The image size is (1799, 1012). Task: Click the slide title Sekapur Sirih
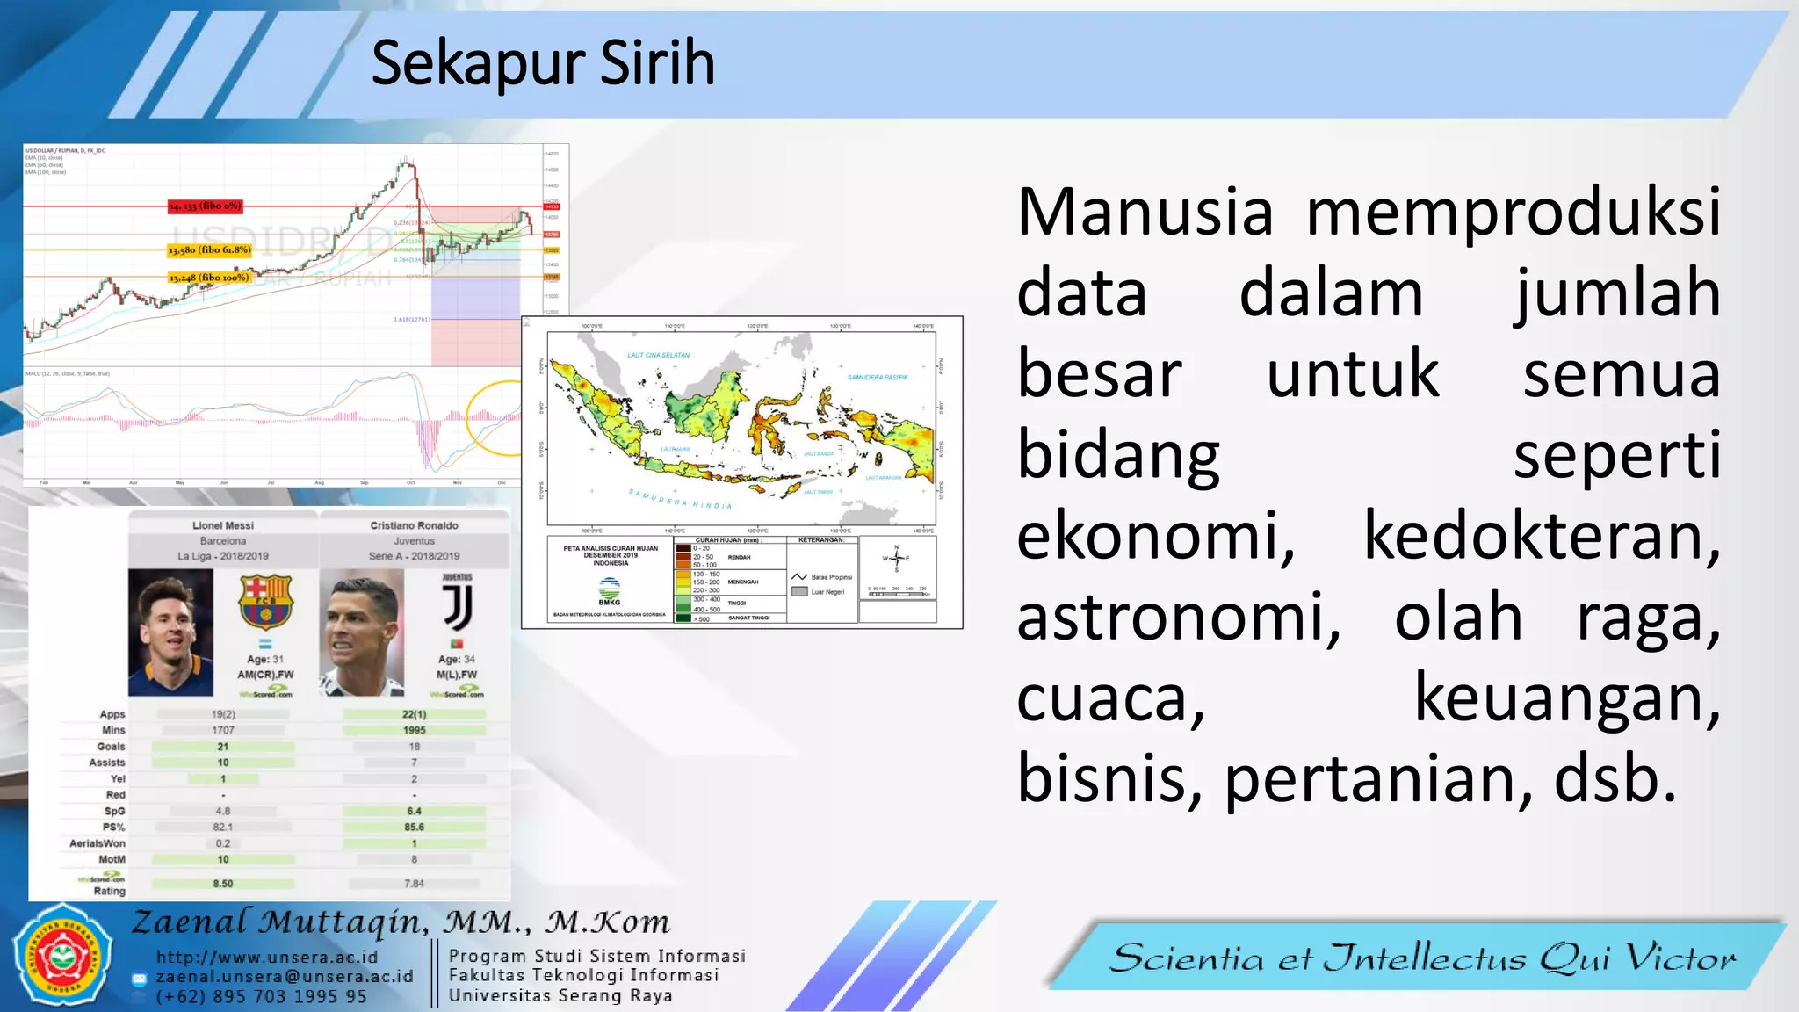(x=543, y=63)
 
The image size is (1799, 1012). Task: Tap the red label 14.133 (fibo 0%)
(x=205, y=206)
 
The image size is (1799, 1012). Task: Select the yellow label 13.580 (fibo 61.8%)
(x=210, y=250)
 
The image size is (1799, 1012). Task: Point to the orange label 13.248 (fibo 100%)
(x=209, y=278)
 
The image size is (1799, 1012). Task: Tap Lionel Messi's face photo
(x=170, y=632)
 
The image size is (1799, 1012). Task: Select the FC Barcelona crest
(x=265, y=603)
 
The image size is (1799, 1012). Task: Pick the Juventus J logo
(x=457, y=606)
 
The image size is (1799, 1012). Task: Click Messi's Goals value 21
(x=223, y=747)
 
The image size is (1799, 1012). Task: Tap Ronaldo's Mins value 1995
(x=414, y=730)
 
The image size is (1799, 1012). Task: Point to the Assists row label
(x=107, y=763)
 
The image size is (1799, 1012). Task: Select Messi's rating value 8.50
(x=223, y=884)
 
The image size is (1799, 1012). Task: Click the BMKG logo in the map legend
(x=610, y=590)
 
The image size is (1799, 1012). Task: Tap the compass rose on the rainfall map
(x=896, y=559)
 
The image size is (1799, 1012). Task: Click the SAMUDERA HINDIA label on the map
(x=680, y=500)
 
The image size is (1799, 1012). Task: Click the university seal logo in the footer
(x=62, y=956)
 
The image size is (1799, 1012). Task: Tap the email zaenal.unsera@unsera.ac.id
(x=285, y=977)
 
